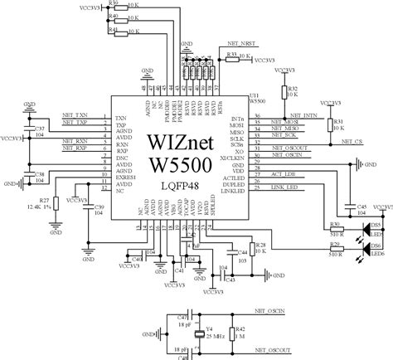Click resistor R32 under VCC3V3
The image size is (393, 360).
pos(284,93)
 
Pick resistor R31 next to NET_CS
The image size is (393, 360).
pos(334,124)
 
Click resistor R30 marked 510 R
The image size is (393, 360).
pos(336,225)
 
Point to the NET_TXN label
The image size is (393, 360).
pos(75,115)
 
